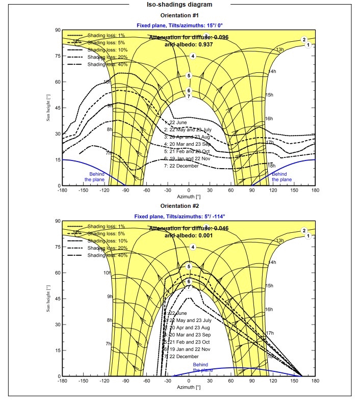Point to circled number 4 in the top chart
click(193, 56)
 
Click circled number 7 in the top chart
click(189, 96)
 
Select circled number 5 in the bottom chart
click(189, 266)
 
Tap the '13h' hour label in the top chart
click(279, 50)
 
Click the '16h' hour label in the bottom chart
click(270, 310)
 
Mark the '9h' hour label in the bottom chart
click(109, 297)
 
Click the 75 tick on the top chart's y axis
click(57, 56)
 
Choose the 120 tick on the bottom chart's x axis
click(273, 381)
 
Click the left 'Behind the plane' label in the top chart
click(94, 177)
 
